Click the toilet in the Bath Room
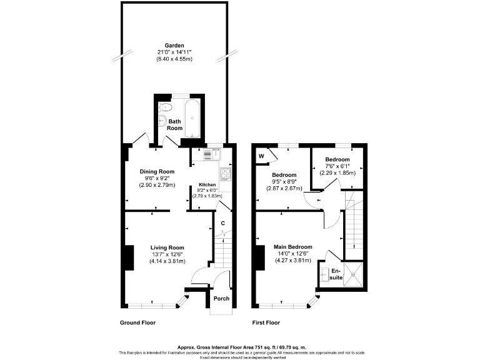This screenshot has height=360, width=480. pyautogui.click(x=164, y=107)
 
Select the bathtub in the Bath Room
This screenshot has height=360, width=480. pyautogui.click(x=192, y=117)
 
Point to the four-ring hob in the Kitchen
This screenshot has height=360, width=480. pyautogui.click(x=225, y=173)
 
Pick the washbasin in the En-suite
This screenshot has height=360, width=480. pyautogui.click(x=324, y=273)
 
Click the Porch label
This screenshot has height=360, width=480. pyautogui.click(x=221, y=299)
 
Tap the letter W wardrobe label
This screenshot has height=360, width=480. pyautogui.click(x=261, y=156)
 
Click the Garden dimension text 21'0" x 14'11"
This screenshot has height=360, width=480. pyautogui.click(x=174, y=52)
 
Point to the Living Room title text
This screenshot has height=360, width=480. pyautogui.click(x=167, y=247)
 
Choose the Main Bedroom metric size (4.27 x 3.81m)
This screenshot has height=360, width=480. pyautogui.click(x=292, y=261)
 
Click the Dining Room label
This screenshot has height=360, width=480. pyautogui.click(x=156, y=171)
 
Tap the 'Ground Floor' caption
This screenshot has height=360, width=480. pyautogui.click(x=137, y=323)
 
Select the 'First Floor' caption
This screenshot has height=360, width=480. pyautogui.click(x=266, y=323)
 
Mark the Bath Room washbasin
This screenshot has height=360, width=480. pyautogui.click(x=161, y=122)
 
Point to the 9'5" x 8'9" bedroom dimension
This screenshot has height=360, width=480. pyautogui.click(x=284, y=182)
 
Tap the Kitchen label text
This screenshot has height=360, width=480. pyautogui.click(x=207, y=185)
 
